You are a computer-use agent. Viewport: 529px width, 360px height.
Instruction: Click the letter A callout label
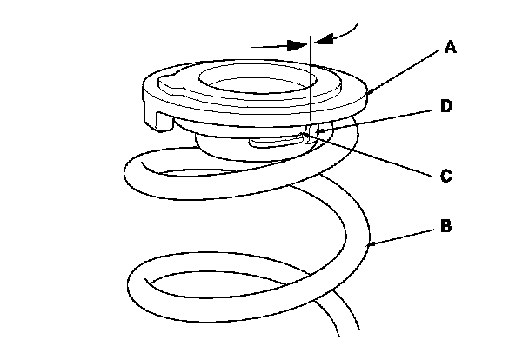coord(450,49)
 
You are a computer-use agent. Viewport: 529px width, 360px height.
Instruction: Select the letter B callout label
coord(445,227)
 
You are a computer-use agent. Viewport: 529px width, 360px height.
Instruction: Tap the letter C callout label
coord(445,176)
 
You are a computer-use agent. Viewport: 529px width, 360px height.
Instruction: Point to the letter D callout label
coord(445,107)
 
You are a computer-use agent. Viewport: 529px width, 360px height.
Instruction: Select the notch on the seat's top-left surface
coord(167,84)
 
